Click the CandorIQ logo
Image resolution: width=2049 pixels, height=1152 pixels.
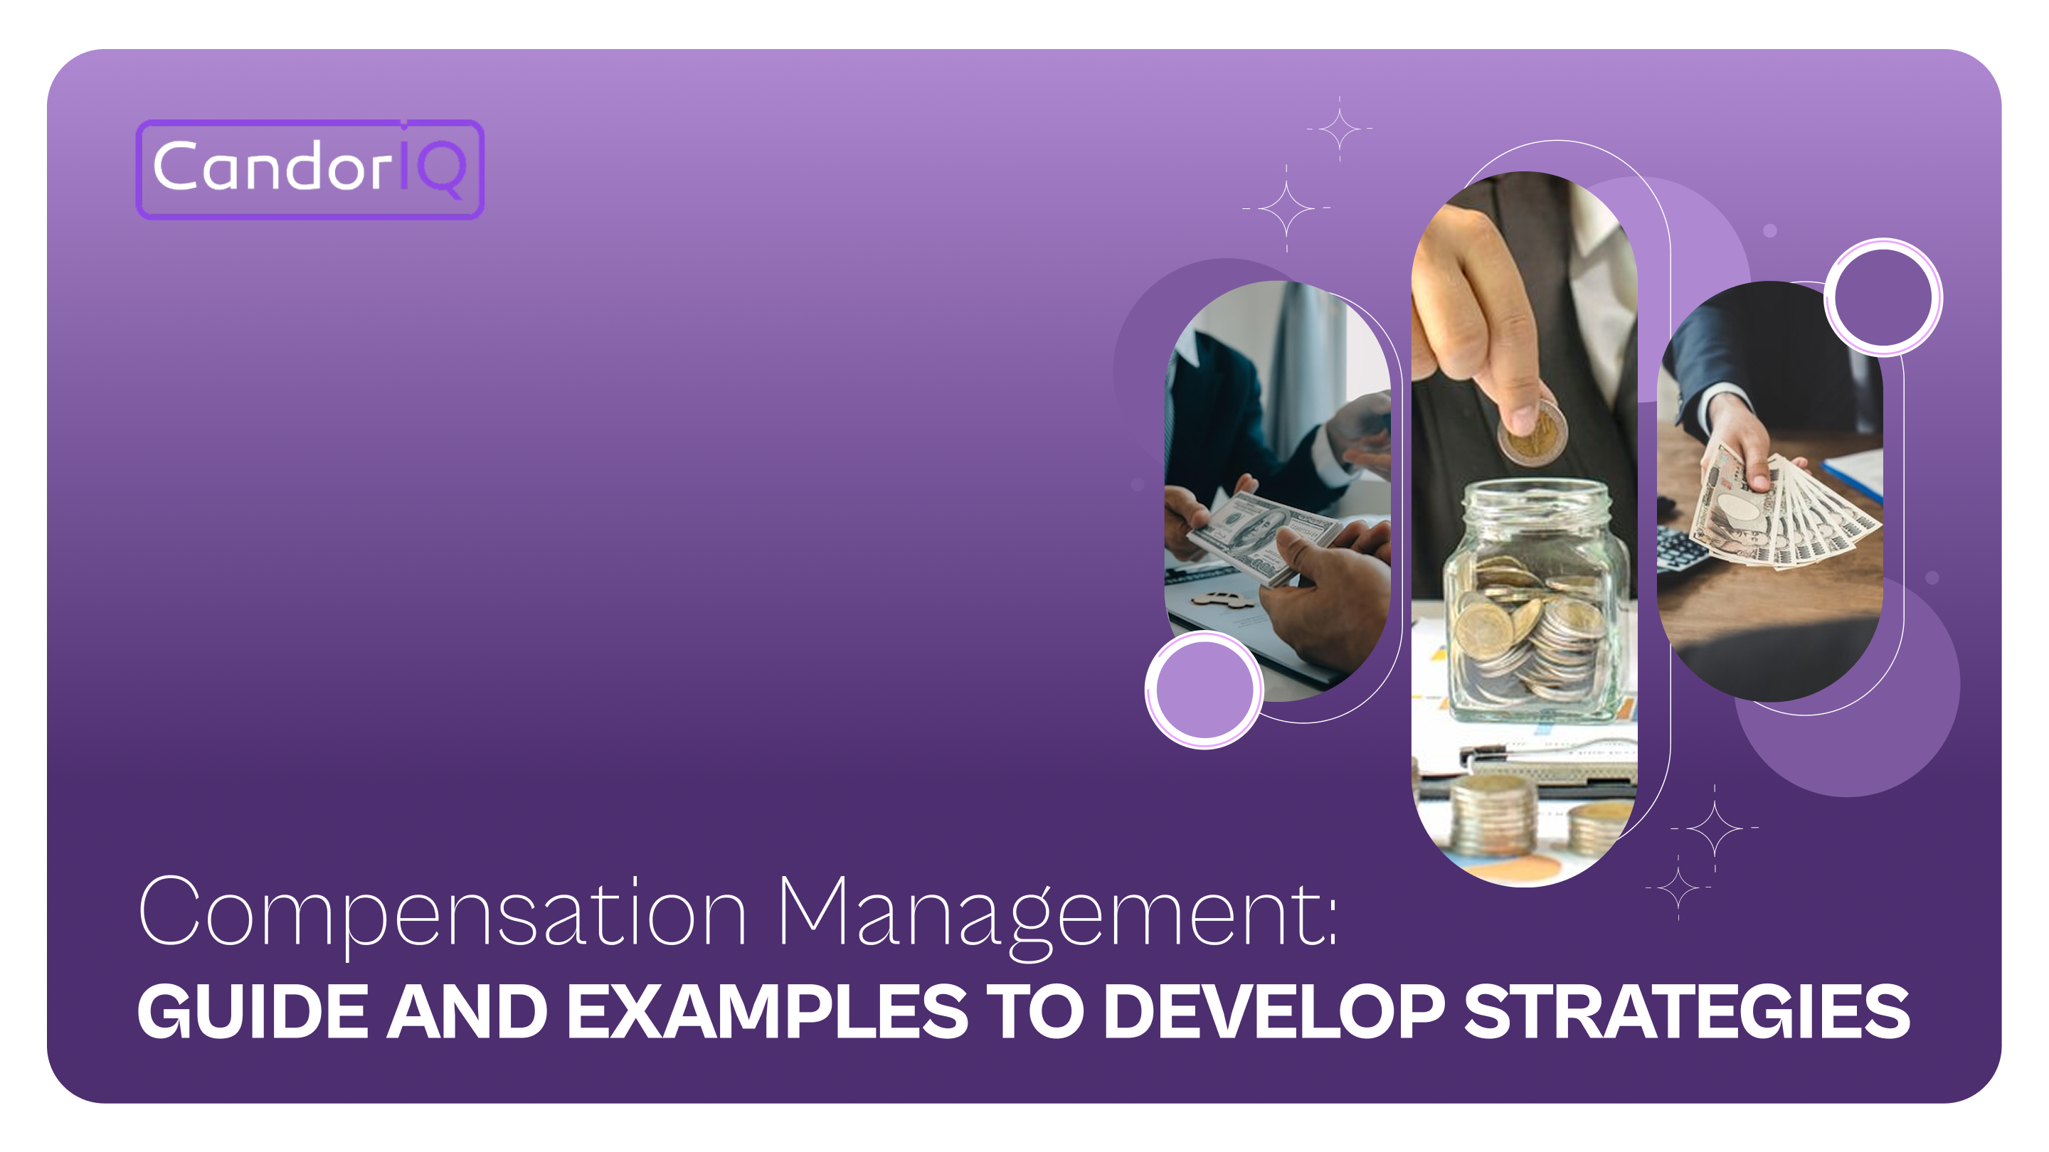[309, 169]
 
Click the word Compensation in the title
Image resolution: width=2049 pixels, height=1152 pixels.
[441, 912]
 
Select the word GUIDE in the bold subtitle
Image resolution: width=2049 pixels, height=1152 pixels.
[253, 1011]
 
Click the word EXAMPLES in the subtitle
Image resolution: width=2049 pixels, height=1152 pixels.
[767, 1011]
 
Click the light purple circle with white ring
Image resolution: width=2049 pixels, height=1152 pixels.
[1204, 689]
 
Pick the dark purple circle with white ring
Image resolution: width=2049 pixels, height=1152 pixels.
[1882, 297]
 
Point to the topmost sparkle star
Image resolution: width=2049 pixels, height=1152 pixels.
[1340, 128]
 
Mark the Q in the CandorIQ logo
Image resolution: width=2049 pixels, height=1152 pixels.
[441, 169]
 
